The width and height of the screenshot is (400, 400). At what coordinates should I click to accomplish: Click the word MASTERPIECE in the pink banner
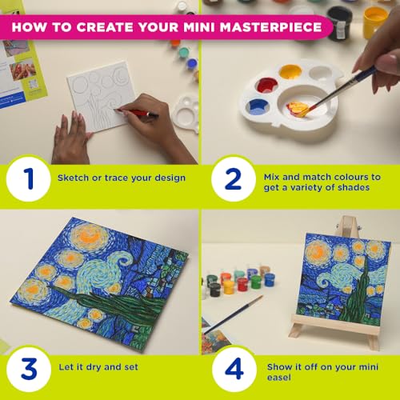[270, 27]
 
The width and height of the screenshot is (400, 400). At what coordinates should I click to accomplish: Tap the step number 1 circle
[29, 179]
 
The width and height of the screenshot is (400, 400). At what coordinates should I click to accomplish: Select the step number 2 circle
[234, 179]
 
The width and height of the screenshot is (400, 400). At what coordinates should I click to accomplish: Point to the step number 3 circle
[29, 369]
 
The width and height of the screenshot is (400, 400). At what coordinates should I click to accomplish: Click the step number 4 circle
[234, 369]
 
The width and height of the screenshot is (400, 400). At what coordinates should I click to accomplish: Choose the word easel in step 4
[279, 378]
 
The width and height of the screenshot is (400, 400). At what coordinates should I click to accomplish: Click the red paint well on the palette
[266, 86]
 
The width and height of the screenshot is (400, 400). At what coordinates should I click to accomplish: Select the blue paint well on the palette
[258, 106]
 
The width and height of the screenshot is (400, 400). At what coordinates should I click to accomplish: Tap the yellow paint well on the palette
[290, 71]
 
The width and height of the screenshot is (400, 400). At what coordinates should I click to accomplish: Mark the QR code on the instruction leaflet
[34, 85]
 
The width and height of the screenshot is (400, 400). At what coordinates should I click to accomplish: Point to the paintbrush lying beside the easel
[233, 314]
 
